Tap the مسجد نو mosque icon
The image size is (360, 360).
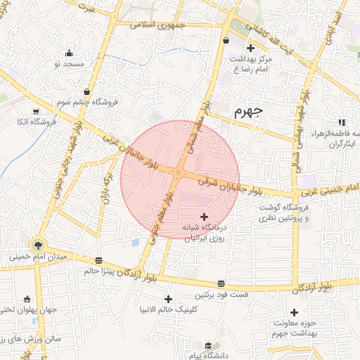[x=69, y=53]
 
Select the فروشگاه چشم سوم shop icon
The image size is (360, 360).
[x=86, y=91]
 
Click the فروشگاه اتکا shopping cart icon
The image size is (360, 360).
[x=35, y=111]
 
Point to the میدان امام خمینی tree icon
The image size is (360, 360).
[x=37, y=245]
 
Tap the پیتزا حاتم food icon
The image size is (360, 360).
[x=98, y=259]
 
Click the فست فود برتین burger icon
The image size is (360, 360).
[x=221, y=283]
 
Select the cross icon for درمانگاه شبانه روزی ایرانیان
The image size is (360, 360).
[x=205, y=217]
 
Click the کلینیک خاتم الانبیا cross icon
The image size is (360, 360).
[x=168, y=298]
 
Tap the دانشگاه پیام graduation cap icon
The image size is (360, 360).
[x=209, y=345]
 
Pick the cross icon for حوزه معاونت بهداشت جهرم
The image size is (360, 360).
[x=294, y=311]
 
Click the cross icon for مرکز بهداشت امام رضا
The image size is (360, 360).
[x=250, y=48]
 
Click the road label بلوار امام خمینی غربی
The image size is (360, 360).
[x=328, y=188]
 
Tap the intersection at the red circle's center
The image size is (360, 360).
[x=180, y=172]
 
